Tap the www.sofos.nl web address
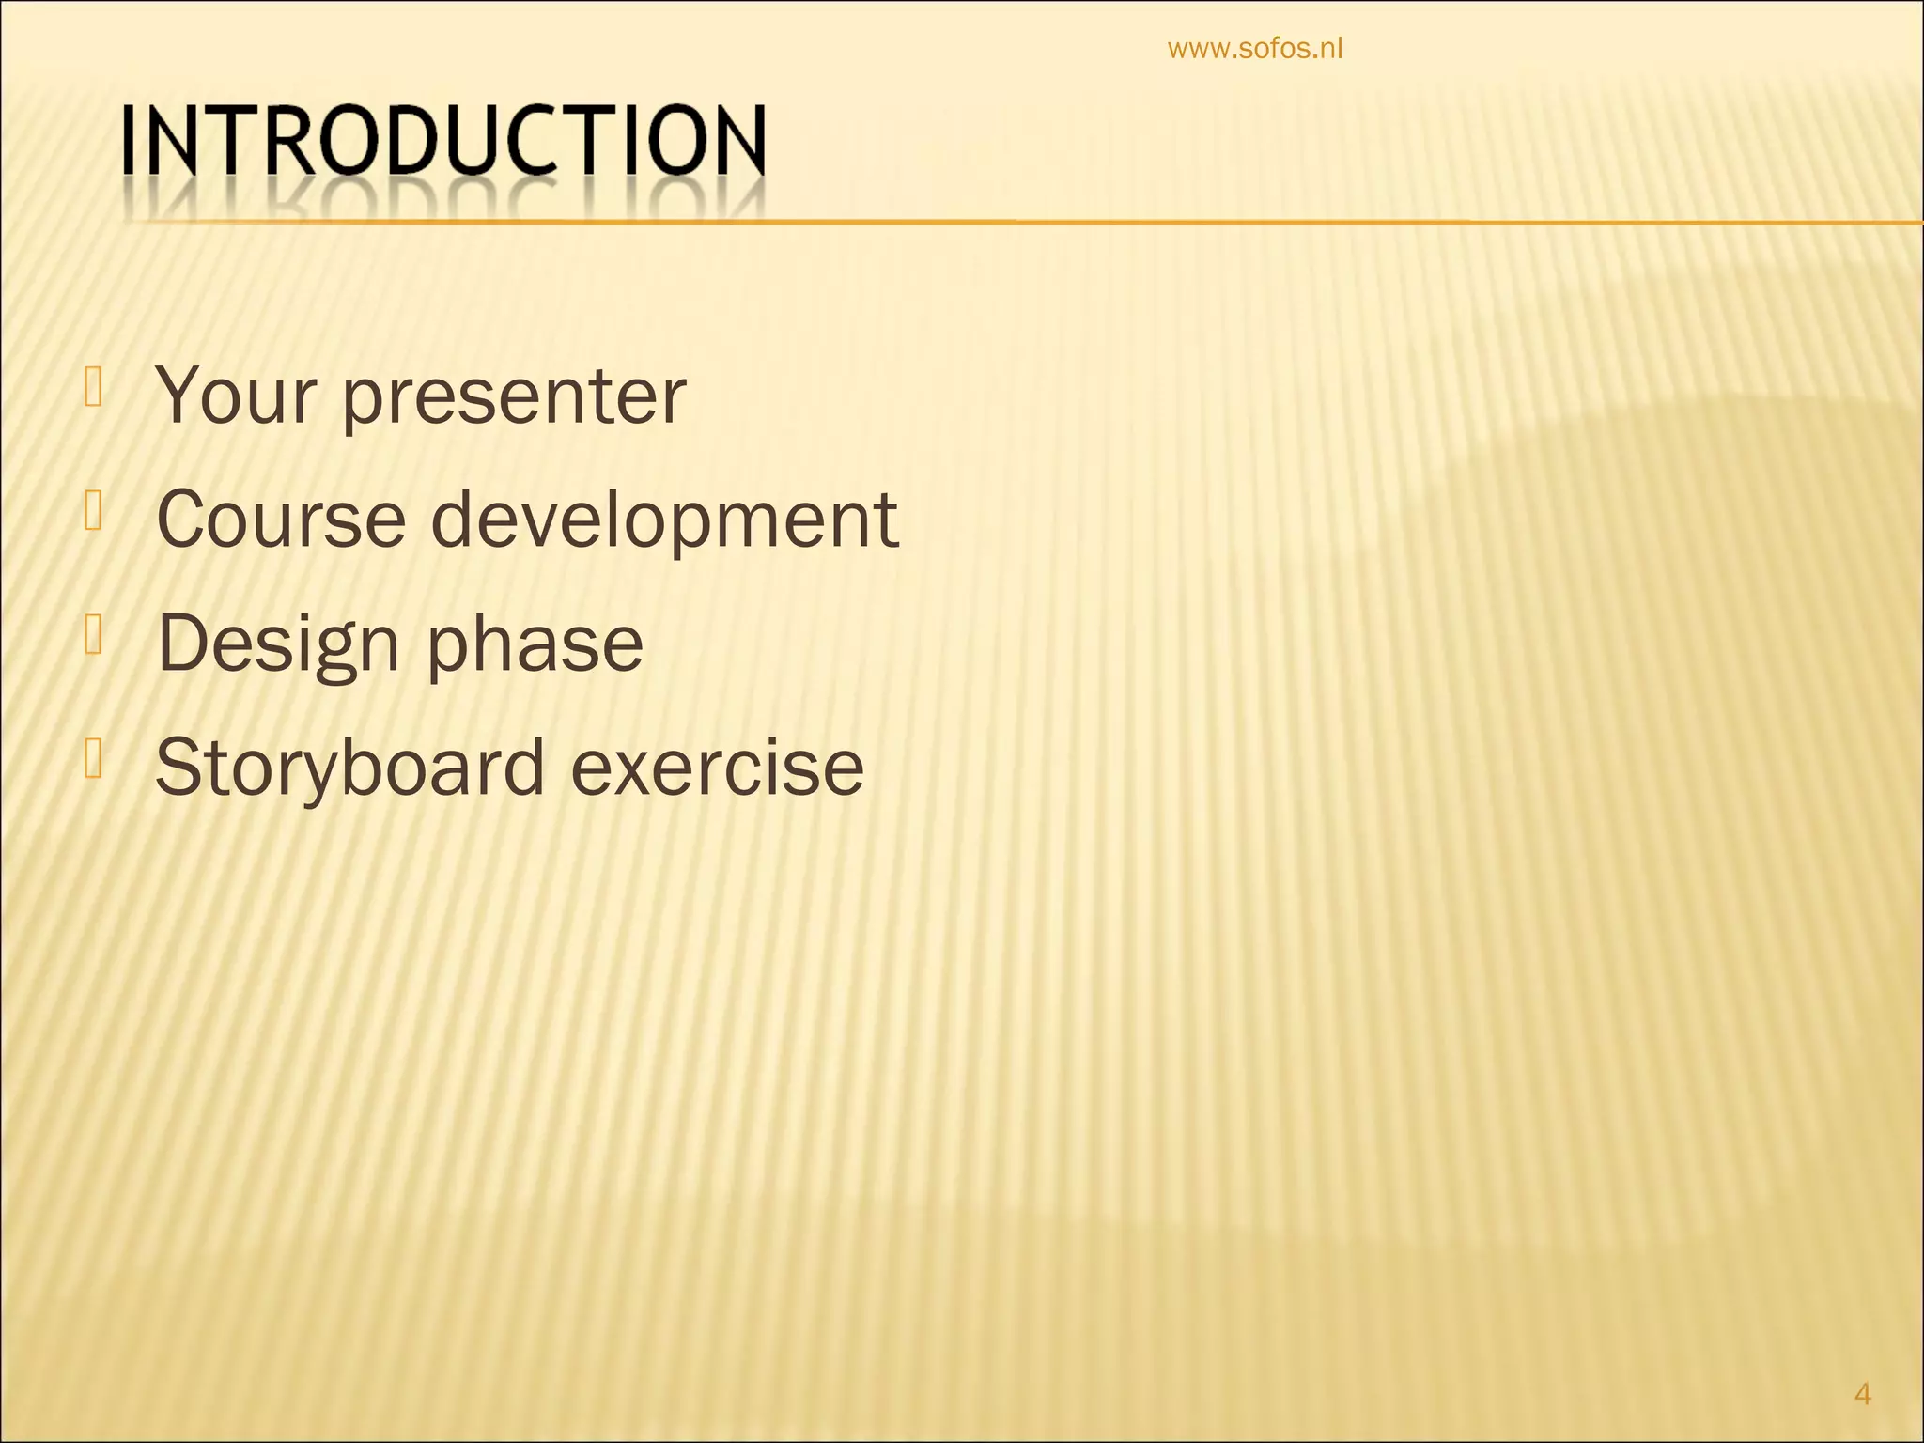[x=1255, y=49]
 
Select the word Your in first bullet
[x=234, y=396]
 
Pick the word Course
[x=280, y=520]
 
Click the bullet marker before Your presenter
[x=92, y=387]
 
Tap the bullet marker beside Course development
[x=92, y=511]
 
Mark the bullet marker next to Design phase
[x=92, y=635]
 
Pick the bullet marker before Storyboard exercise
[x=92, y=759]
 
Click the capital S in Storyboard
[x=179, y=768]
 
